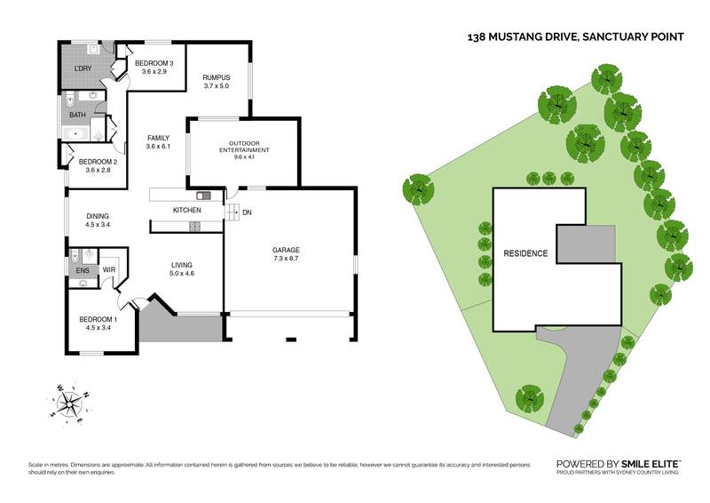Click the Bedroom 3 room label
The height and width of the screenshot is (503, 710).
point(154,63)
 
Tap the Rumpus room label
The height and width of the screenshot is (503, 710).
point(216,78)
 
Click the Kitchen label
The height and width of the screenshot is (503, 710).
point(186,210)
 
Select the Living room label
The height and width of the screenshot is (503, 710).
point(181,265)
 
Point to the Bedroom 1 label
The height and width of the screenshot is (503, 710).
point(97,319)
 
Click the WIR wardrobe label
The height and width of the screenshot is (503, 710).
point(110,270)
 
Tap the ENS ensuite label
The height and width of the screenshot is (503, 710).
point(82,270)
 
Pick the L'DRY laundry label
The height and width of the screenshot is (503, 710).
point(82,68)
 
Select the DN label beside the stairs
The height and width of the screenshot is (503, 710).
point(247,212)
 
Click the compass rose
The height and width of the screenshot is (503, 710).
point(69,404)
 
